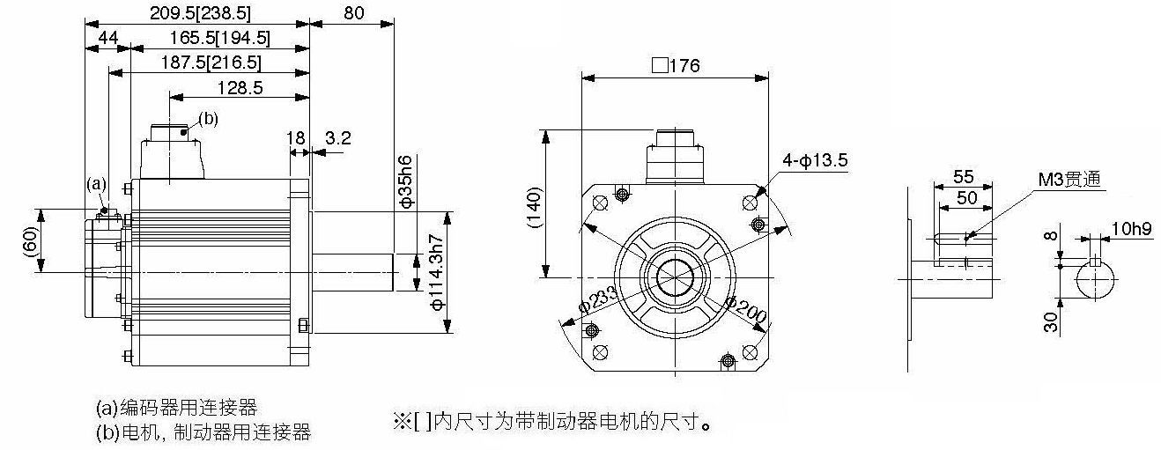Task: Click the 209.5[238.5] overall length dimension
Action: pyautogui.click(x=200, y=13)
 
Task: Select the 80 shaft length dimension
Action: pyautogui.click(x=353, y=13)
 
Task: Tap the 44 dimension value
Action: pyautogui.click(x=108, y=37)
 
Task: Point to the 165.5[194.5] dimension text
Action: pyautogui.click(x=219, y=37)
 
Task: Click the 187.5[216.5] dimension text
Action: pyautogui.click(x=211, y=63)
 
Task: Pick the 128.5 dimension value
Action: pyautogui.click(x=240, y=87)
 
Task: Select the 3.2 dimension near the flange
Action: pyautogui.click(x=338, y=138)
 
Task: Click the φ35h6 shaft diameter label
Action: pyautogui.click(x=406, y=181)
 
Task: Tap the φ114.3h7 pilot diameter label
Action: pyautogui.click(x=437, y=272)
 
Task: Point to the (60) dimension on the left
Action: pyautogui.click(x=31, y=241)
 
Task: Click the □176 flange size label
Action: pyautogui.click(x=676, y=66)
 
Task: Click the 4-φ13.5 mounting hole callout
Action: pyautogui.click(x=815, y=160)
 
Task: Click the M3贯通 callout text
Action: pyautogui.click(x=1069, y=180)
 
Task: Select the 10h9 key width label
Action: pyautogui.click(x=1131, y=229)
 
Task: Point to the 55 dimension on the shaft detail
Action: pyautogui.click(x=963, y=177)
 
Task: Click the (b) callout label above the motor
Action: pyautogui.click(x=209, y=119)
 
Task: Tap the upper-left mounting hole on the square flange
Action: pyautogui.click(x=600, y=203)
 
